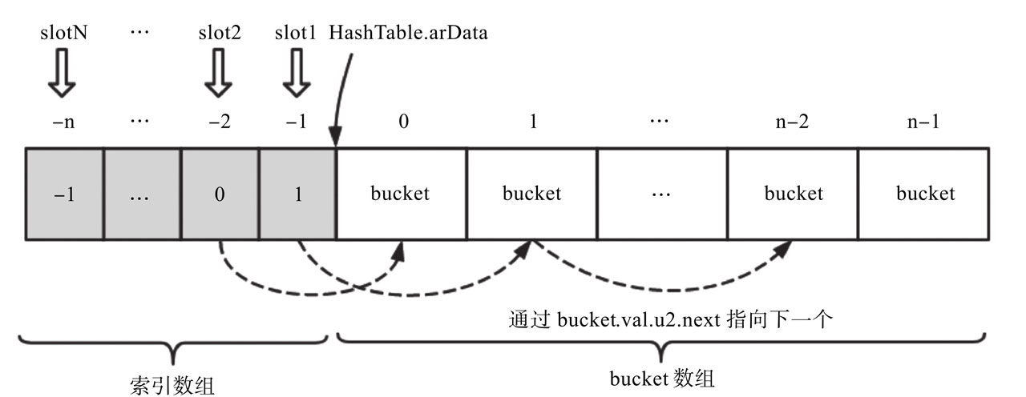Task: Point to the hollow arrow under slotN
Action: point(63,75)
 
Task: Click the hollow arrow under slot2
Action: point(220,75)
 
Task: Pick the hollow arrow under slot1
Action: point(297,75)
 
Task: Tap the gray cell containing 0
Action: point(220,194)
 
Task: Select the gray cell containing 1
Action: point(297,194)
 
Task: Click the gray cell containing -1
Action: point(64,194)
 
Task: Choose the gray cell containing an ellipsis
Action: point(143,194)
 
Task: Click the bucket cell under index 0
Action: point(401,194)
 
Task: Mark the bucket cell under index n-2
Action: point(793,194)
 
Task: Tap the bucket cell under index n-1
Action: point(925,194)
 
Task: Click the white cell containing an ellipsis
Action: point(662,194)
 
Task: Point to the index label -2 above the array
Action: point(220,124)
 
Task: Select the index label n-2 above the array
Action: point(793,124)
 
